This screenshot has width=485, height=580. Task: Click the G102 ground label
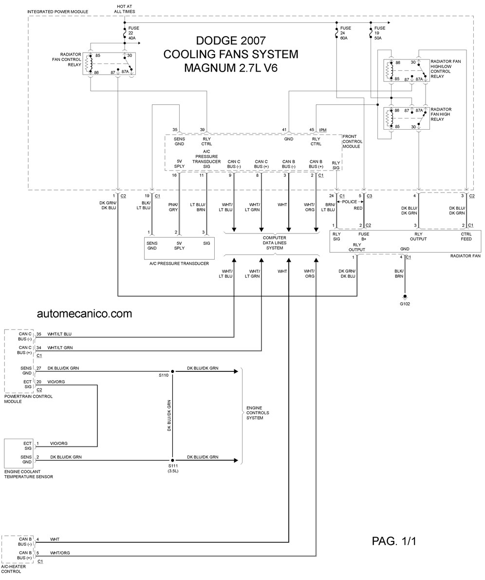405,304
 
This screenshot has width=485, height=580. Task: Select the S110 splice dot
172,370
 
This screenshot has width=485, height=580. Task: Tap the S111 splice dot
172,460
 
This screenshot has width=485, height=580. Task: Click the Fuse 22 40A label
134,33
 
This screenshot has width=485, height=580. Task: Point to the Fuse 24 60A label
346,33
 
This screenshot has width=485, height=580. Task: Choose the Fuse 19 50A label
380,33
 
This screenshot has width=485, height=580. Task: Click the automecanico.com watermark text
85,314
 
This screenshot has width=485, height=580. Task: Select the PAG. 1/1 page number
394,541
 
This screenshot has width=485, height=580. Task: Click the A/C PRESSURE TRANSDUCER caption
179,264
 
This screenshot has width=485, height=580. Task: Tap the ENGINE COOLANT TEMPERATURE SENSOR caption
28,474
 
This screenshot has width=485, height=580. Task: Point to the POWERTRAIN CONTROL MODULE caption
28,399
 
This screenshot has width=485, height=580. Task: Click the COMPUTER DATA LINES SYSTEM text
275,243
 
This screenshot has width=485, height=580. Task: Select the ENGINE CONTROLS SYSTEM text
258,413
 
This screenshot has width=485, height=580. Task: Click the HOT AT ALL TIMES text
125,9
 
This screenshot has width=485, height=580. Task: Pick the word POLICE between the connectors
350,202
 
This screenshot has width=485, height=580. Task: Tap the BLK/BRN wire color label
399,274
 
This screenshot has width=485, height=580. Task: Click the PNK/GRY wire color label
173,207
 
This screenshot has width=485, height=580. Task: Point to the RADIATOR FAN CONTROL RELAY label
67,59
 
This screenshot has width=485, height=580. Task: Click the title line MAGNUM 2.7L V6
231,68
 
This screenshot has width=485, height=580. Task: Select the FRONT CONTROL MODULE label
352,141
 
